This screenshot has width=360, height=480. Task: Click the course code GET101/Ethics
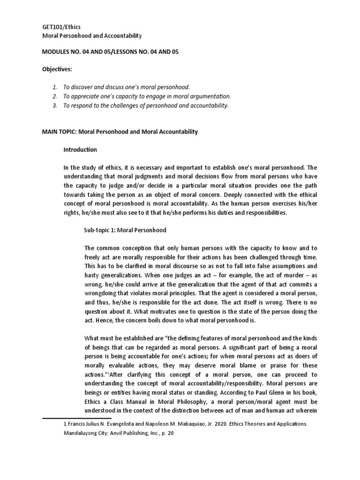[58, 27]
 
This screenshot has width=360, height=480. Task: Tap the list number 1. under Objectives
[55, 87]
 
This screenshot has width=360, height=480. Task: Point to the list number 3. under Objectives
[55, 105]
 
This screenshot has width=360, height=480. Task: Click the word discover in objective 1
[82, 87]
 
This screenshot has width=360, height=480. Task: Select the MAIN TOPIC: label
[59, 132]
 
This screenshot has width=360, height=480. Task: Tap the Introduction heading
[80, 150]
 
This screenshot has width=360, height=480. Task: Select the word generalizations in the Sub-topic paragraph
[114, 275]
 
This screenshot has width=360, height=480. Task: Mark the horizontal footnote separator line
[77, 418]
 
